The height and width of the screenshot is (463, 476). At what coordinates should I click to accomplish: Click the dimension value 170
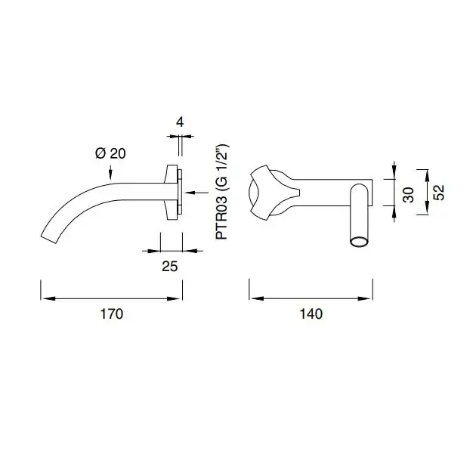(111, 313)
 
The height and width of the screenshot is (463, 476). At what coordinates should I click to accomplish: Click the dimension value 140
(311, 313)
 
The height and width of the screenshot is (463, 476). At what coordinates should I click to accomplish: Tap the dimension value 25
(170, 267)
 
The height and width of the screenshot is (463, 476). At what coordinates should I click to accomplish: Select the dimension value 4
(180, 122)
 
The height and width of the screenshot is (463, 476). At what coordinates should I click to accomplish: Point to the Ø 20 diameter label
(110, 153)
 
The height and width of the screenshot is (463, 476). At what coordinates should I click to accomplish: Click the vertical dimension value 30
(409, 195)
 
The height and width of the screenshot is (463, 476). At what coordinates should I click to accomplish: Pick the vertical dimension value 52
(439, 193)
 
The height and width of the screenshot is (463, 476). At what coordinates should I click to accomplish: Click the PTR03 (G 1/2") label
(222, 192)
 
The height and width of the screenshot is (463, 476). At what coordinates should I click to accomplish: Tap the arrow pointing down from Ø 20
(110, 172)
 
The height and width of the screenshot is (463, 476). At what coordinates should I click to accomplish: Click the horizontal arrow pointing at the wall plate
(196, 192)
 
